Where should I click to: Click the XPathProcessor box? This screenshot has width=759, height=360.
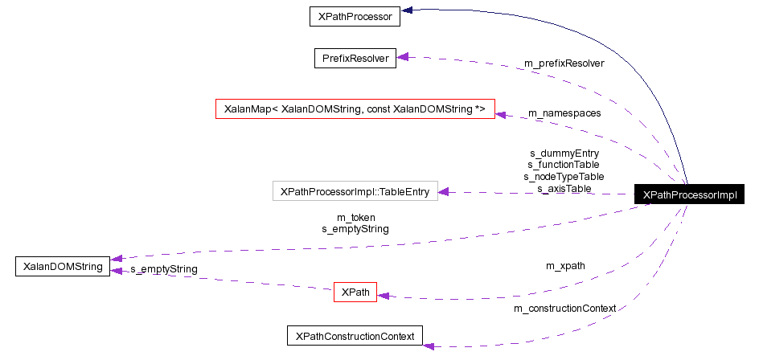(x=355, y=16)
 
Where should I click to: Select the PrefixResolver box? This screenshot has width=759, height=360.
(x=355, y=58)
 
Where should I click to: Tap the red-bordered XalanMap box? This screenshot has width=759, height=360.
(x=355, y=108)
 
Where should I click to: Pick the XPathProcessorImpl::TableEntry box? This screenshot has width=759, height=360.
(x=355, y=191)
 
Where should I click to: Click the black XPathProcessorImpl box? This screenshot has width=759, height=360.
(x=690, y=194)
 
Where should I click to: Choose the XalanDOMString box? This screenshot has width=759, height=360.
(x=63, y=266)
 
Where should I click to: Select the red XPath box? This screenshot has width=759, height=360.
(x=355, y=292)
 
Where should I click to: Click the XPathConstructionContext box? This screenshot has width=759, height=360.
(x=355, y=336)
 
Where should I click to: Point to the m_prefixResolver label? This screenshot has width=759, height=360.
(x=564, y=62)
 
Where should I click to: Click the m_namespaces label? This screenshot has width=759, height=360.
(x=564, y=112)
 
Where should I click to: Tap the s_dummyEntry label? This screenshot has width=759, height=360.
(x=564, y=152)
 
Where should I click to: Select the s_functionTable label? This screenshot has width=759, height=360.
(x=564, y=164)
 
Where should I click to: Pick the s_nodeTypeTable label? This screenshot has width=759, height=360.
(x=564, y=176)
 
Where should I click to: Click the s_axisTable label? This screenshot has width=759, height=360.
(x=564, y=188)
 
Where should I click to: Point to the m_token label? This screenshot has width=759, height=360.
(x=355, y=217)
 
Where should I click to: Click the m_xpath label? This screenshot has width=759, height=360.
(x=565, y=265)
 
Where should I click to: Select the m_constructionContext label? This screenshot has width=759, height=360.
(x=564, y=308)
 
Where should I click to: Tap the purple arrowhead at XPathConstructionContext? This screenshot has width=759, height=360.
(x=429, y=346)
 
